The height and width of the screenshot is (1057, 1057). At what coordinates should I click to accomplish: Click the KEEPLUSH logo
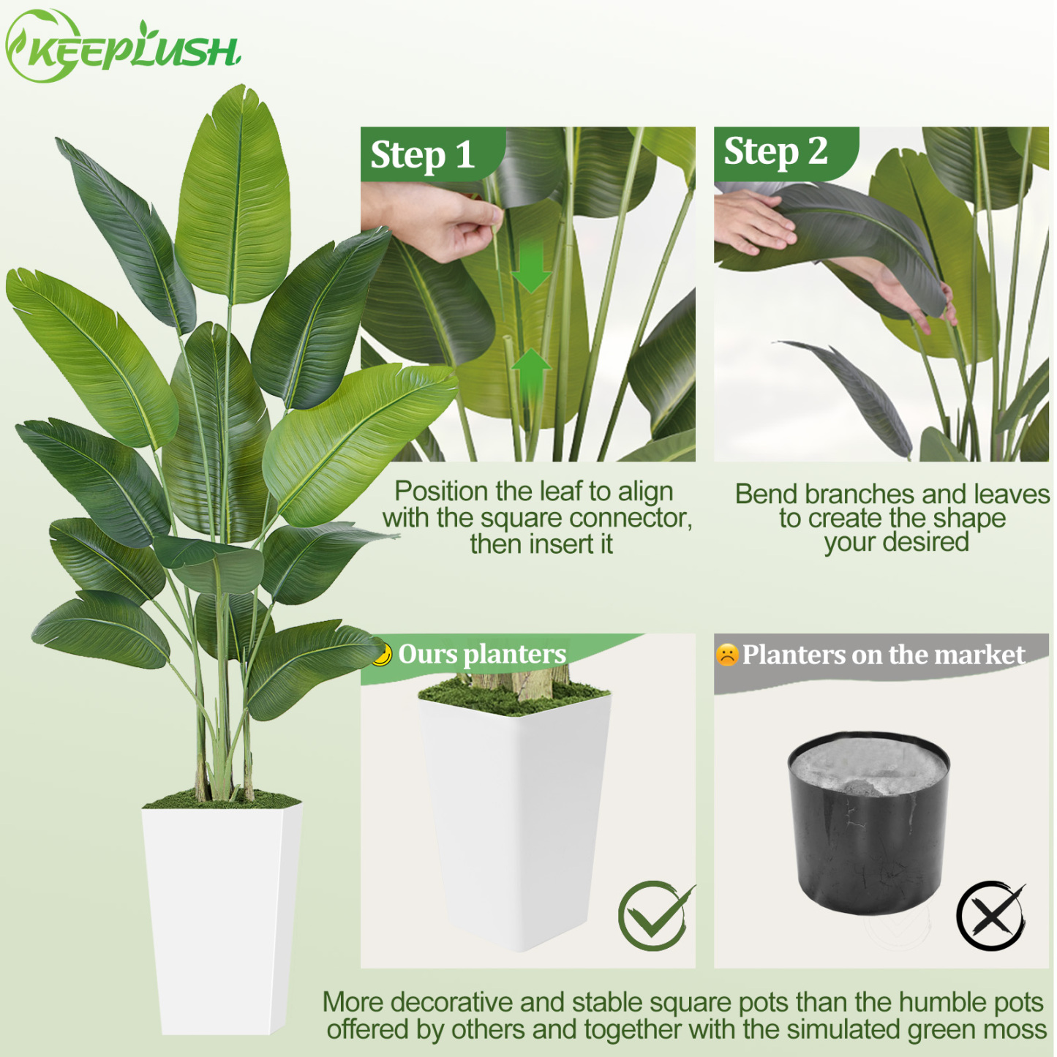pos(122,48)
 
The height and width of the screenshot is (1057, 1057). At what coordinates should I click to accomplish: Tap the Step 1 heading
pos(422,155)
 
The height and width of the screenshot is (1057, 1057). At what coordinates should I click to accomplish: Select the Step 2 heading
pos(775,151)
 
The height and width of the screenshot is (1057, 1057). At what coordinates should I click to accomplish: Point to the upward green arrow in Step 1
pos(531,370)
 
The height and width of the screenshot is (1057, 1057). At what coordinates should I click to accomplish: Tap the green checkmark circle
pos(653,916)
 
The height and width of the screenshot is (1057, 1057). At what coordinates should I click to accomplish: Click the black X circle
pos(990,916)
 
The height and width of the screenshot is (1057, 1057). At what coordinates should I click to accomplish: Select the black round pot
pos(868,823)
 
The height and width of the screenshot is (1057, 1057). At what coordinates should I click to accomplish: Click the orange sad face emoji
pos(727,655)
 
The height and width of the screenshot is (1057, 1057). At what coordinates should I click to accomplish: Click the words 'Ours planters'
pos(482,654)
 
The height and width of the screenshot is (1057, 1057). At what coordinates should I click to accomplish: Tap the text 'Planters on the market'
pos(884,655)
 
